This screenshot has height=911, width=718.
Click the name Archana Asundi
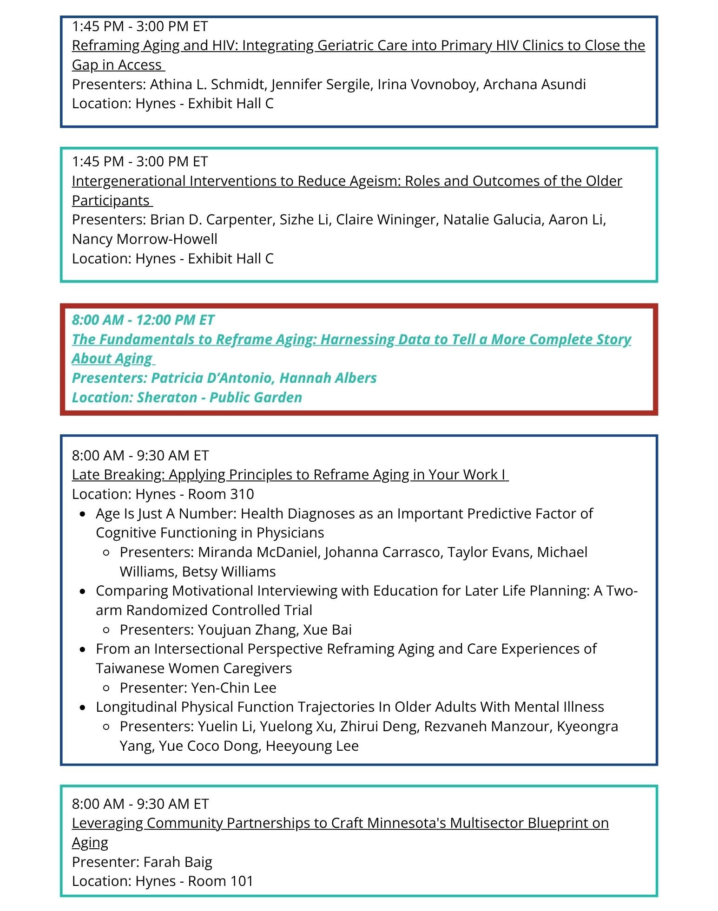pos(534,84)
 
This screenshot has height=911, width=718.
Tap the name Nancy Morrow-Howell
pos(145,239)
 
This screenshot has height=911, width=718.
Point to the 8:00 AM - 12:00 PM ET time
pos(143,320)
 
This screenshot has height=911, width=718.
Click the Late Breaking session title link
pos(290,474)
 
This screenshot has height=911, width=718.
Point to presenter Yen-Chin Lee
pos(233,688)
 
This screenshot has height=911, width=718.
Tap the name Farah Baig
pos(178,862)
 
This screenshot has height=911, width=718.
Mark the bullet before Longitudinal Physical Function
pos(83,708)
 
